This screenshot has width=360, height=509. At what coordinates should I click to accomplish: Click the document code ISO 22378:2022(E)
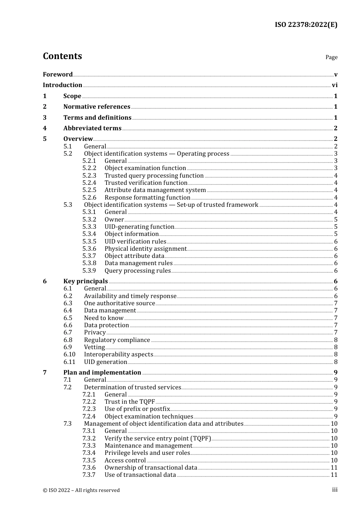[306, 25]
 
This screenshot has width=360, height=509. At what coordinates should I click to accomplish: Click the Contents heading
[62, 56]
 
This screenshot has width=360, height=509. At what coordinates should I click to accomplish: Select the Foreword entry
[58, 75]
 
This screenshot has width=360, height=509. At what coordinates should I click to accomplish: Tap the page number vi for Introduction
[335, 85]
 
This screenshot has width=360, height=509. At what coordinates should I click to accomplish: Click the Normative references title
[97, 107]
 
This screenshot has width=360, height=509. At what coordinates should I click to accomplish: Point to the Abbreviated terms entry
[92, 128]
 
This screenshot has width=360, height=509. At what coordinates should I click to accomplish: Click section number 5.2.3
[89, 176]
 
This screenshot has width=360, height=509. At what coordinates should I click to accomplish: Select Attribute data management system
[155, 190]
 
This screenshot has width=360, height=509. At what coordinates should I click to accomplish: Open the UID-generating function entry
[139, 227]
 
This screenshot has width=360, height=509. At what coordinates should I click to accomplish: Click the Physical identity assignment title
[146, 249]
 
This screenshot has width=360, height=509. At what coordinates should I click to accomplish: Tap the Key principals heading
[86, 281]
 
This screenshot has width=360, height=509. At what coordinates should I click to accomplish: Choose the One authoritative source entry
[119, 303]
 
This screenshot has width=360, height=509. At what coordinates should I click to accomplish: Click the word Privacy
[95, 333]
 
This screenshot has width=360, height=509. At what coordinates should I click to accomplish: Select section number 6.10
[69, 354]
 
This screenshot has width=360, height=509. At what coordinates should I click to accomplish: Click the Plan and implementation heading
[102, 373]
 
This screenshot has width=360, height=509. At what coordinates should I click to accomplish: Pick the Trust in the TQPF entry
[130, 402]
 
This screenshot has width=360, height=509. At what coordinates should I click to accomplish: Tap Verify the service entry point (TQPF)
[158, 439]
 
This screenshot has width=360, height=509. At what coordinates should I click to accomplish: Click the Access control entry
[125, 461]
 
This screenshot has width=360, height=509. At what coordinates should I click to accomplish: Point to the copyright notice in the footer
[81, 490]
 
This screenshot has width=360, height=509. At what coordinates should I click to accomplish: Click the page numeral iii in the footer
[335, 490]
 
